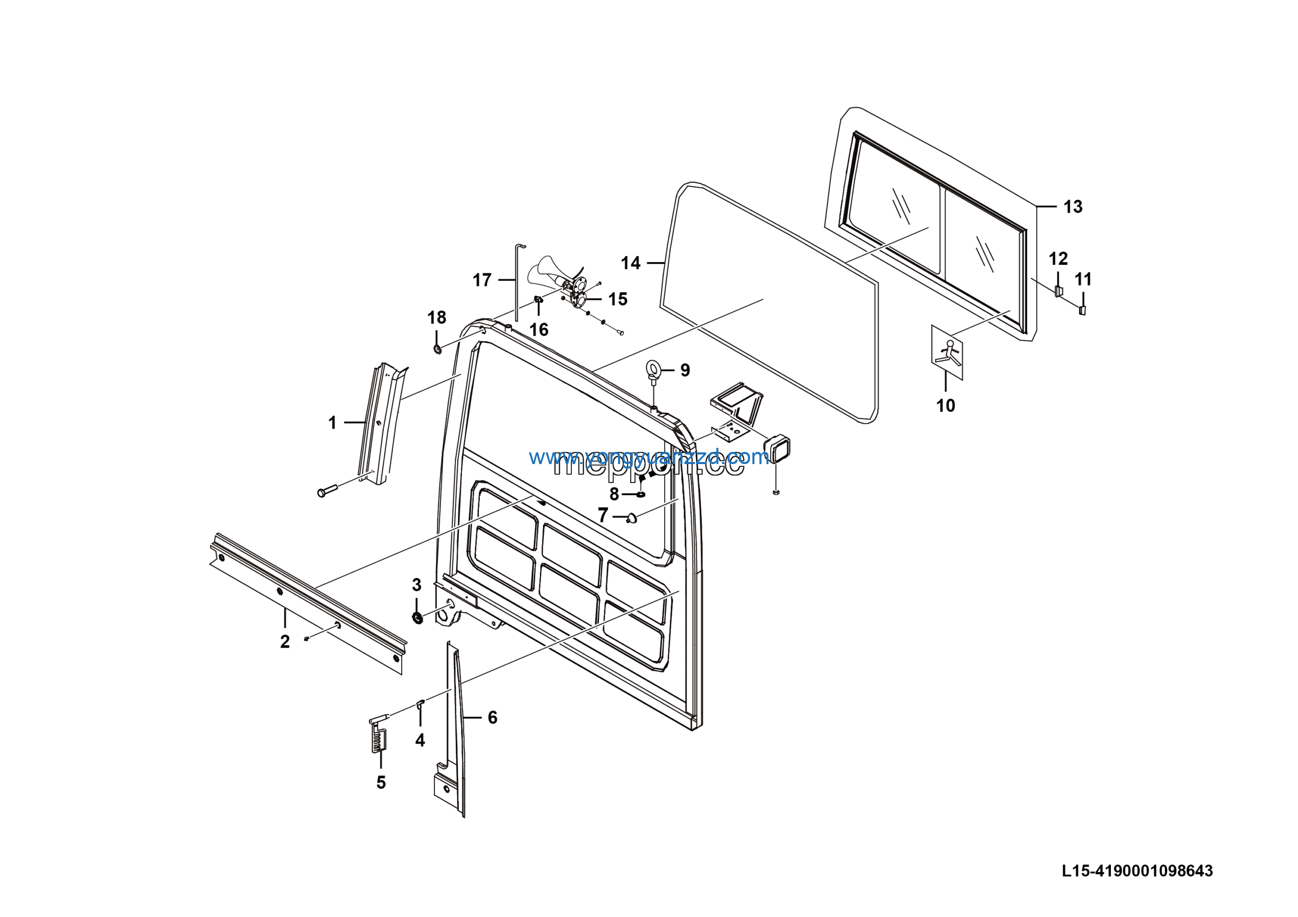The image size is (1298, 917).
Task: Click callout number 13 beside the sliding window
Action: [x=1072, y=207]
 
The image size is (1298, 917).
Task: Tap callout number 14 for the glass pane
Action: [x=630, y=263]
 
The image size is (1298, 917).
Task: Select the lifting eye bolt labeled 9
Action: [x=654, y=370]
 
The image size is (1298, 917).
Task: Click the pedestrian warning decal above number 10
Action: [x=947, y=352]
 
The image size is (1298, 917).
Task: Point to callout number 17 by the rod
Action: [x=482, y=280]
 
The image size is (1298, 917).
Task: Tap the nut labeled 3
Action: [x=417, y=617]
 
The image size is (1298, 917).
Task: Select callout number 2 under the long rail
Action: [x=285, y=641]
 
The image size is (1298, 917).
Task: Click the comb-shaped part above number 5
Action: [x=379, y=736]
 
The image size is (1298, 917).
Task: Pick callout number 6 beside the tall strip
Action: [x=492, y=718]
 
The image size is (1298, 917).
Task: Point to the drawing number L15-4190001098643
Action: [x=1137, y=871]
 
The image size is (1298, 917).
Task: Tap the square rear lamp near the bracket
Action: [x=777, y=449]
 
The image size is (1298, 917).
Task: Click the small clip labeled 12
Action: [x=1058, y=292]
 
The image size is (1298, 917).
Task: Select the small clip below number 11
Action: [x=1083, y=310]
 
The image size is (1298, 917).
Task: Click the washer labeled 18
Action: [x=438, y=349]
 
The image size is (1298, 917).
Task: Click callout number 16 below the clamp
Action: [x=539, y=330]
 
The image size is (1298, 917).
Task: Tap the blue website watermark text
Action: [x=648, y=457]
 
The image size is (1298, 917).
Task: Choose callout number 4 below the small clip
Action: [x=419, y=740]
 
